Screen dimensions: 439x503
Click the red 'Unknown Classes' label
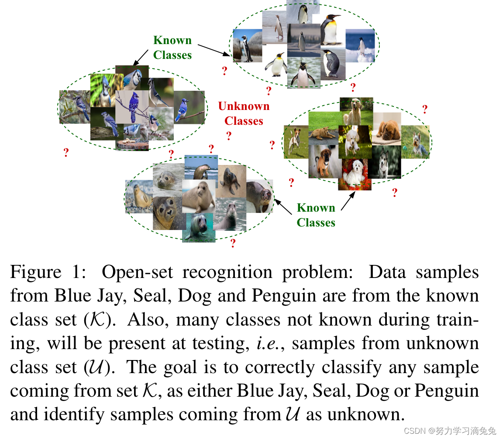tap(244, 113)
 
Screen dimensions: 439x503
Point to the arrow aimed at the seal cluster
tap(283, 206)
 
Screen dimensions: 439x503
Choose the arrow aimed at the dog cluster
tap(348, 201)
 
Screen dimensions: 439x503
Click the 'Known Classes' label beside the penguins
tap(172, 48)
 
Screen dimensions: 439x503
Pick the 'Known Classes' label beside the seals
tap(316, 215)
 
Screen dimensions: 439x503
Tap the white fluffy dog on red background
tap(354, 174)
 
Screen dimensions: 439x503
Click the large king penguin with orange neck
tap(331, 29)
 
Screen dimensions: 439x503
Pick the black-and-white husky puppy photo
tap(384, 162)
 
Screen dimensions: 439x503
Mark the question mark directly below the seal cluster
tap(233, 243)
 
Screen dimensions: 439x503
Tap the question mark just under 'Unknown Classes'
tap(228, 136)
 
